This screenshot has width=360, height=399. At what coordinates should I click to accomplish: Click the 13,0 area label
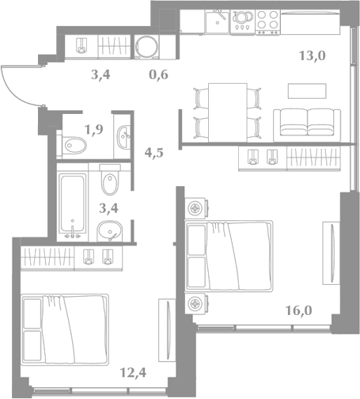pyautogui.click(x=313, y=55)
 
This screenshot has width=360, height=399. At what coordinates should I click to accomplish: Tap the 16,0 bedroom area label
pyautogui.click(x=299, y=310)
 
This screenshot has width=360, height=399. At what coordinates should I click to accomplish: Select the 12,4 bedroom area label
pyautogui.click(x=133, y=373)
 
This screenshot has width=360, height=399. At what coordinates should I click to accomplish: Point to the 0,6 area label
pyautogui.click(x=158, y=74)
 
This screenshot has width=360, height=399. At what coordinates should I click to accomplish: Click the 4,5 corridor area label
pyautogui.click(x=154, y=153)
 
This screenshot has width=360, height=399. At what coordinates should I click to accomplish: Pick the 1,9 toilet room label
pyautogui.click(x=93, y=129)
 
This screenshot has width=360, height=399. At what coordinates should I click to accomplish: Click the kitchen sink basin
pyautogui.click(x=218, y=22)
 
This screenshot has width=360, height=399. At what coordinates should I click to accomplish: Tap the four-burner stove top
pyautogui.click(x=267, y=22)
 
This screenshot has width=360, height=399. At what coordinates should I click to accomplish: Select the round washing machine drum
pyautogui.click(x=146, y=47)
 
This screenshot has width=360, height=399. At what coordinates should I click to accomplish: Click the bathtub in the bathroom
pyautogui.click(x=73, y=203)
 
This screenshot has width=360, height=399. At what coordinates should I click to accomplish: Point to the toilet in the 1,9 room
pyautogui.click(x=74, y=146)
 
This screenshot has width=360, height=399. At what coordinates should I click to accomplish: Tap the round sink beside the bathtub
pyautogui.click(x=110, y=231)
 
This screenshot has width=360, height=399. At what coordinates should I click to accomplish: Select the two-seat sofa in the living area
pyautogui.click(x=307, y=125)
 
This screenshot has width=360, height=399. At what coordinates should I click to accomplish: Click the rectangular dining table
pyautogui.click(x=228, y=113)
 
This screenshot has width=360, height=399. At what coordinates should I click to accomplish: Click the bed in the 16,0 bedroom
pyautogui.click(x=229, y=256)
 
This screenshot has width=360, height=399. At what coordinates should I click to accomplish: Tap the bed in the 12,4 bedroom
pyautogui.click(x=65, y=329)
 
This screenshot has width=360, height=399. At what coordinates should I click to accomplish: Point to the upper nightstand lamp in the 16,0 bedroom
pyautogui.click(x=195, y=208)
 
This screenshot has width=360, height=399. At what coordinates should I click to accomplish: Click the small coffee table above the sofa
pyautogui.click(x=307, y=91)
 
